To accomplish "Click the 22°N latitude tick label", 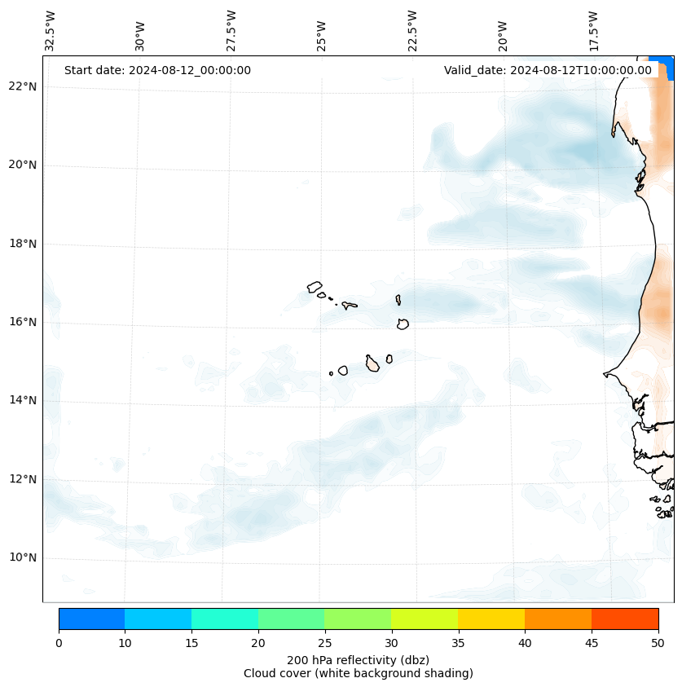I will coord(22,86).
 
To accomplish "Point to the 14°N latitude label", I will coord(22,400).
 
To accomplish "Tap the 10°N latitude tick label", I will coord(22,557).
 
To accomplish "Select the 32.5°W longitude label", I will coord(51,30).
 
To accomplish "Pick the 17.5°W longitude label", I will coord(593,30).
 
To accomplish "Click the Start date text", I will coord(157,70).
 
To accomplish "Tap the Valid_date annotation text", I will coord(548,70).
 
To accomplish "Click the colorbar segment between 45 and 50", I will coord(625,619).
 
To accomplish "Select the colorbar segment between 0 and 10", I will coord(91,619).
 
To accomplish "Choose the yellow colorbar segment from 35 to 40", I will coord(491,619).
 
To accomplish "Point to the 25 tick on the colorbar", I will coord(324,644).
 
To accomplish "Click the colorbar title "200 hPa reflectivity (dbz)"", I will coord(358,659).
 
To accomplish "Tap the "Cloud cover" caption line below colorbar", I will coord(358,673).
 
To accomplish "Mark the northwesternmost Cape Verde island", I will coord(315,287).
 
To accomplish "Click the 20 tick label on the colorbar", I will coord(258,644).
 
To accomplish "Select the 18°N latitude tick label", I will coord(22,244).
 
